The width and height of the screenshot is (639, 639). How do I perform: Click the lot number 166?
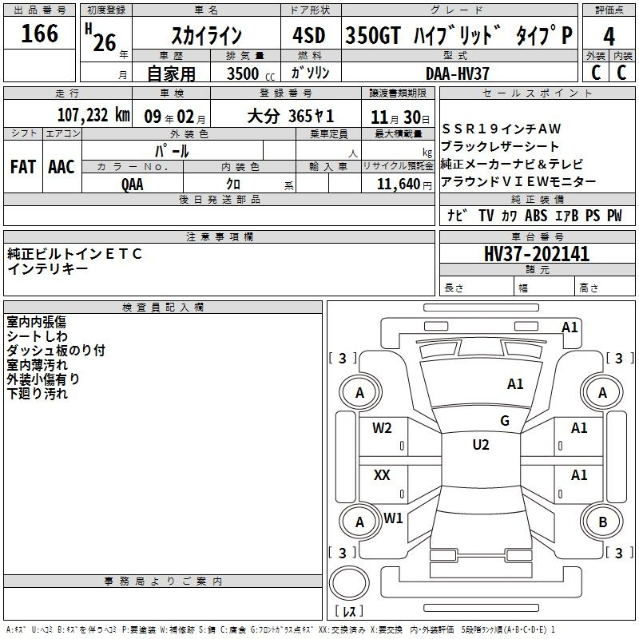pyautogui.click(x=39, y=34)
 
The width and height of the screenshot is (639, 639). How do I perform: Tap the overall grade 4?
pyautogui.click(x=609, y=37)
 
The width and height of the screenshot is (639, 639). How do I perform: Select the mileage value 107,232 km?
pyautogui.click(x=93, y=115)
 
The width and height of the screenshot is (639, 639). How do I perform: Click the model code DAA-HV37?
pyautogui.click(x=457, y=73)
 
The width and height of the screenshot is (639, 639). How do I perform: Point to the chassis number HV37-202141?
pyautogui.click(x=537, y=254)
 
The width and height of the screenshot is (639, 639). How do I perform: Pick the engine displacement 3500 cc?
pyautogui.click(x=251, y=73)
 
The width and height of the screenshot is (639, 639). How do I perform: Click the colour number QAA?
pyautogui.click(x=133, y=185)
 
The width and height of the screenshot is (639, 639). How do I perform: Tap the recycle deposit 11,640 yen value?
pyautogui.click(x=404, y=185)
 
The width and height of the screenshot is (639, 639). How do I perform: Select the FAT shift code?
pyautogui.click(x=23, y=167)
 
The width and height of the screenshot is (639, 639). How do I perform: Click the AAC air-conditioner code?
pyautogui.click(x=62, y=167)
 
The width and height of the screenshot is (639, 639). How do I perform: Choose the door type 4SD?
pyautogui.click(x=309, y=35)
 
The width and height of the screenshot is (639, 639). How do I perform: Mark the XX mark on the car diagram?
pyautogui.click(x=382, y=474)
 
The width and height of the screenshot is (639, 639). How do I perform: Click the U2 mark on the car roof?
pyautogui.click(x=481, y=445)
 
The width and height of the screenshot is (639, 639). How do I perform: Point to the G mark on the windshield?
pyautogui.click(x=505, y=421)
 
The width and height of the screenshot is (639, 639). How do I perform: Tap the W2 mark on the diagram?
pyautogui.click(x=382, y=428)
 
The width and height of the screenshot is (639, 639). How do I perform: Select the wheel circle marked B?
pyautogui.click(x=602, y=522)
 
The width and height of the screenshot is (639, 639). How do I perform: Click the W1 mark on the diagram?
pyautogui.click(x=393, y=518)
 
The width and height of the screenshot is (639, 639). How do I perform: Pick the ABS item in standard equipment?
pyautogui.click(x=536, y=216)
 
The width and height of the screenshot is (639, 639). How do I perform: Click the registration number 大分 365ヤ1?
pyautogui.click(x=291, y=117)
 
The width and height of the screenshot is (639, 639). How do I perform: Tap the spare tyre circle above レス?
pyautogui.click(x=349, y=582)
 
